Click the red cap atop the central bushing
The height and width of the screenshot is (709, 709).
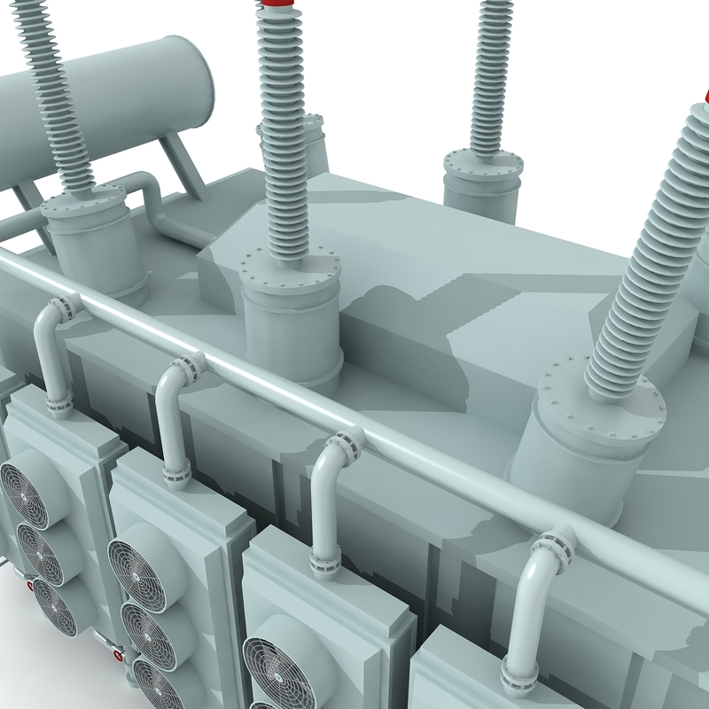pos(275,7)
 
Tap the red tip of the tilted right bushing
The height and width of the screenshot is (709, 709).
pos(705,96)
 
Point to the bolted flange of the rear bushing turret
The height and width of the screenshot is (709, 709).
pos(484,165)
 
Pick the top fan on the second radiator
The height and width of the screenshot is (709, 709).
pos(136,567)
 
